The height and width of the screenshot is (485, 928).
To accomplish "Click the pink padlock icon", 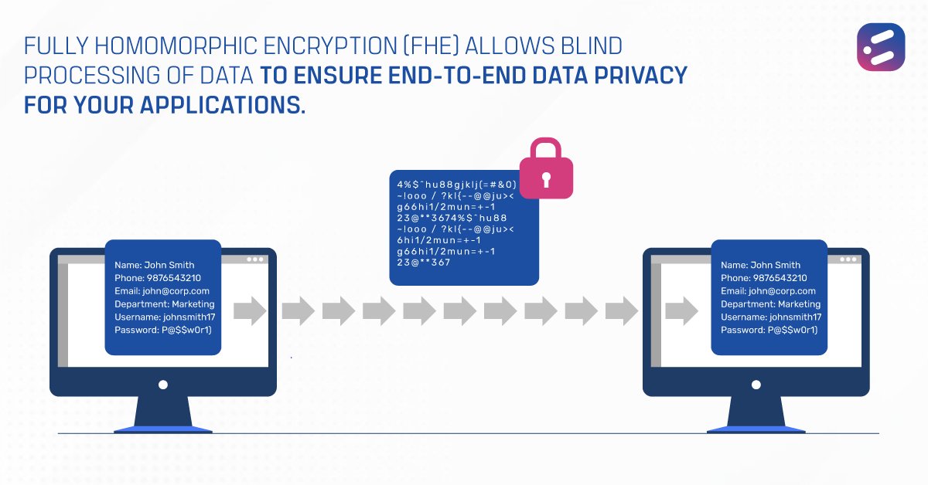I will click(x=545, y=171).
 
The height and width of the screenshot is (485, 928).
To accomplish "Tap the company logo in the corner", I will click(x=880, y=47).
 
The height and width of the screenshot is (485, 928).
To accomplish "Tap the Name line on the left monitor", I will click(x=155, y=265).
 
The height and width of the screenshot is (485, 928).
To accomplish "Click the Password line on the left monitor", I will click(x=163, y=331).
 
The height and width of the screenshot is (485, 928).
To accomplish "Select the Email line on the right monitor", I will click(x=768, y=291).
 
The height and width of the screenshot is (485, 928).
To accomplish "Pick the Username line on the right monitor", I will click(x=771, y=317).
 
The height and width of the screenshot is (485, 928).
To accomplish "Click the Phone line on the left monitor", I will click(x=158, y=278).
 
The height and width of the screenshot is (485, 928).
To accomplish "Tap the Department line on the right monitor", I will click(x=769, y=304).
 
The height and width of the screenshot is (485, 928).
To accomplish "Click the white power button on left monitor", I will click(x=162, y=383).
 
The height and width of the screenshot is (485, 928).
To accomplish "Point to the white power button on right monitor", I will click(x=756, y=383).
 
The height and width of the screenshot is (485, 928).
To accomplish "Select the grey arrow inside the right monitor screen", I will click(x=681, y=311).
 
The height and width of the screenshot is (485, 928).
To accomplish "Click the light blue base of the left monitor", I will click(x=162, y=429).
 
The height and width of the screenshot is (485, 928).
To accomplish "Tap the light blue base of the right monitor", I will click(x=756, y=429).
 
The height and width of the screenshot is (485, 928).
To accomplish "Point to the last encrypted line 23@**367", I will click(x=423, y=263).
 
